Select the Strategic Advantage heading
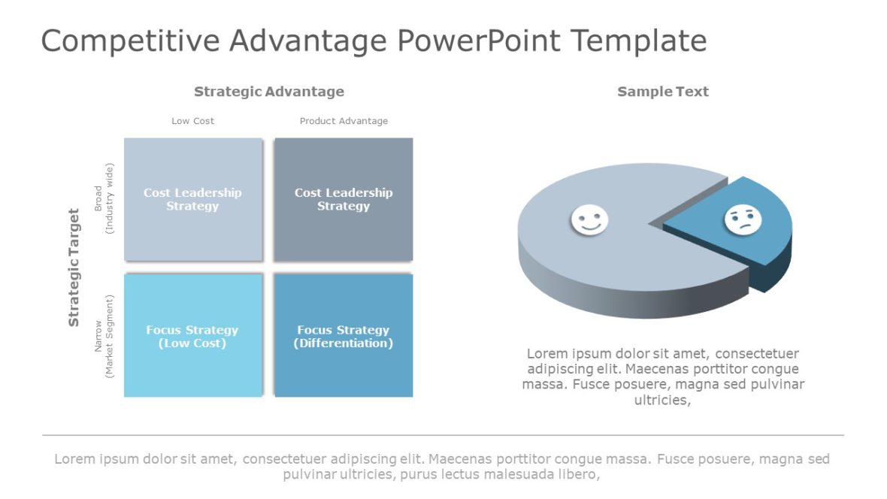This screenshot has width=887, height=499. (x=268, y=92)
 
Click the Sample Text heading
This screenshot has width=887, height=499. (x=662, y=92)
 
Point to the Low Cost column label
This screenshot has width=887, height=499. (x=192, y=121)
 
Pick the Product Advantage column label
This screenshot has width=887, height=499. (x=344, y=121)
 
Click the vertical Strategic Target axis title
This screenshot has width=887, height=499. (x=74, y=268)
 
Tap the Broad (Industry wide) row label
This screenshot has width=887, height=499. (x=103, y=198)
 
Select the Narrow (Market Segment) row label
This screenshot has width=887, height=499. (x=103, y=335)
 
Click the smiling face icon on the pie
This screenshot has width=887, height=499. (x=589, y=220)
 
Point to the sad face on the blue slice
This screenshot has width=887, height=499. (x=742, y=219)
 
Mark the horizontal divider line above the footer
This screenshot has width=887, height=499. (x=443, y=435)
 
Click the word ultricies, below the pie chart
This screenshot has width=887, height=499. (x=662, y=401)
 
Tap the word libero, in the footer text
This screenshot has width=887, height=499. (x=578, y=475)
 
